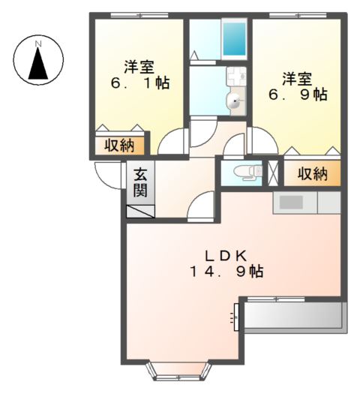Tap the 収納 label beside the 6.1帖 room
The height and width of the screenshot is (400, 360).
[x=118, y=145]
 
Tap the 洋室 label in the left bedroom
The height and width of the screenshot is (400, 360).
[x=139, y=65]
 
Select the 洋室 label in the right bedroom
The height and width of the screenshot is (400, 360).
[x=297, y=77]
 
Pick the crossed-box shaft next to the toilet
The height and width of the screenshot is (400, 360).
[x=273, y=172]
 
